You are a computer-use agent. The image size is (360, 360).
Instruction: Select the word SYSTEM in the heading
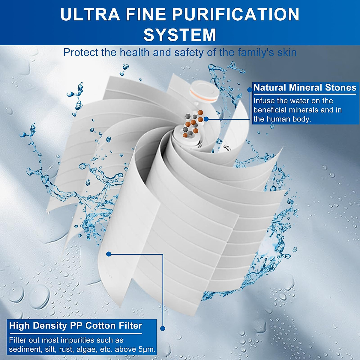180,34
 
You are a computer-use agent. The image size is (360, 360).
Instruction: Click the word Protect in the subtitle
81,52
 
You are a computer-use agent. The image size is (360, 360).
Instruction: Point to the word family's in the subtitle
256,52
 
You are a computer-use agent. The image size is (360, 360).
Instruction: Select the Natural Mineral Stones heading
305,88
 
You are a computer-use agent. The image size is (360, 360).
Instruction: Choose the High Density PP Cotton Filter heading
75,325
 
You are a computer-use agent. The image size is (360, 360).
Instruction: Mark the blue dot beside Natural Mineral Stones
249,89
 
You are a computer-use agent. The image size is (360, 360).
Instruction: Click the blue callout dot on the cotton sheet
109,254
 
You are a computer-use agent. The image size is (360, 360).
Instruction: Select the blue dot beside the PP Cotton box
163,328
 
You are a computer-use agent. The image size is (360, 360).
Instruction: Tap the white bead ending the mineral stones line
206,119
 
